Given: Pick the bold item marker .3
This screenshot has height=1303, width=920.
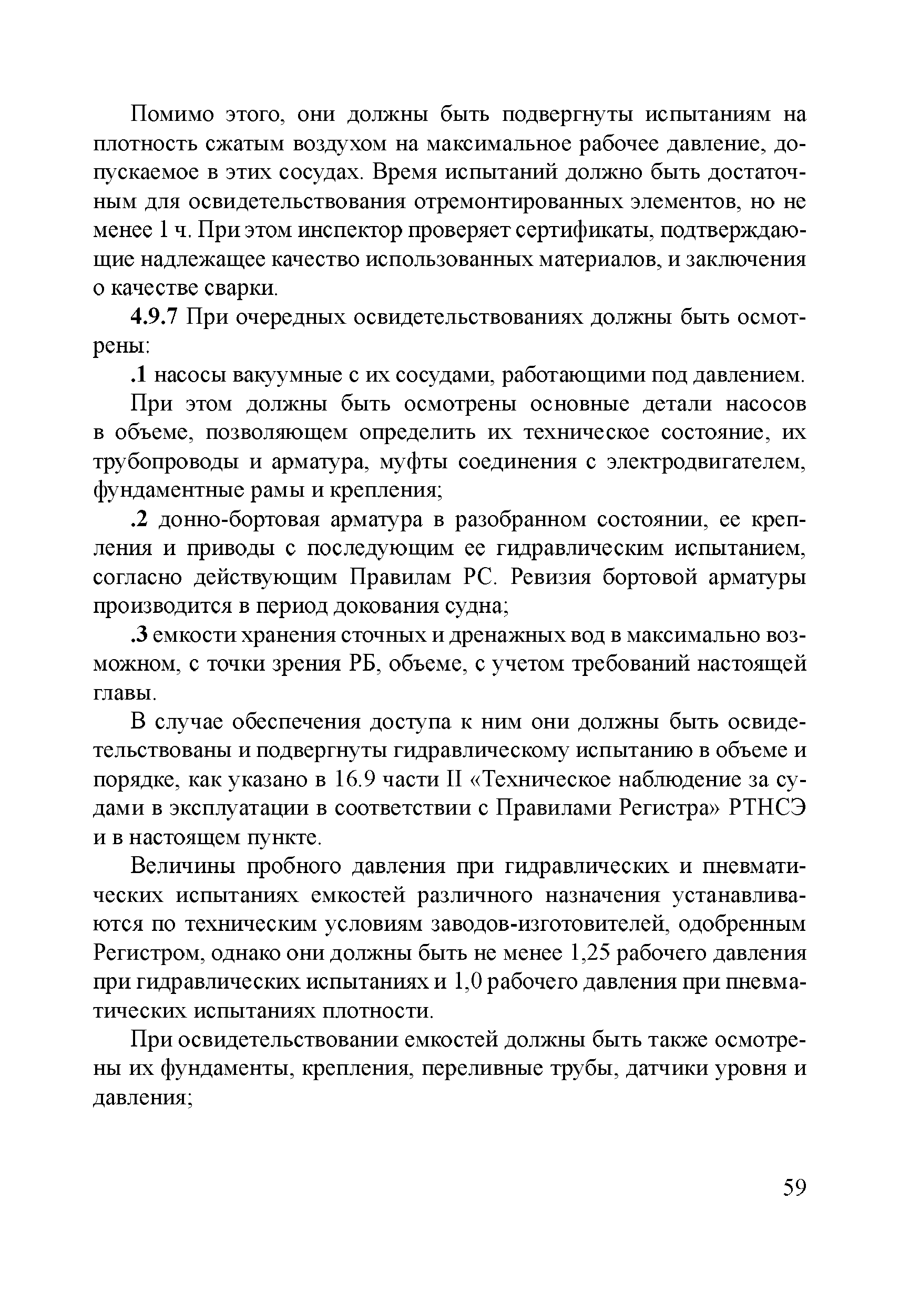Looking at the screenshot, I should tap(139, 635).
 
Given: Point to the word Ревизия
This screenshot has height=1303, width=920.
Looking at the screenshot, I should tap(551, 578).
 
